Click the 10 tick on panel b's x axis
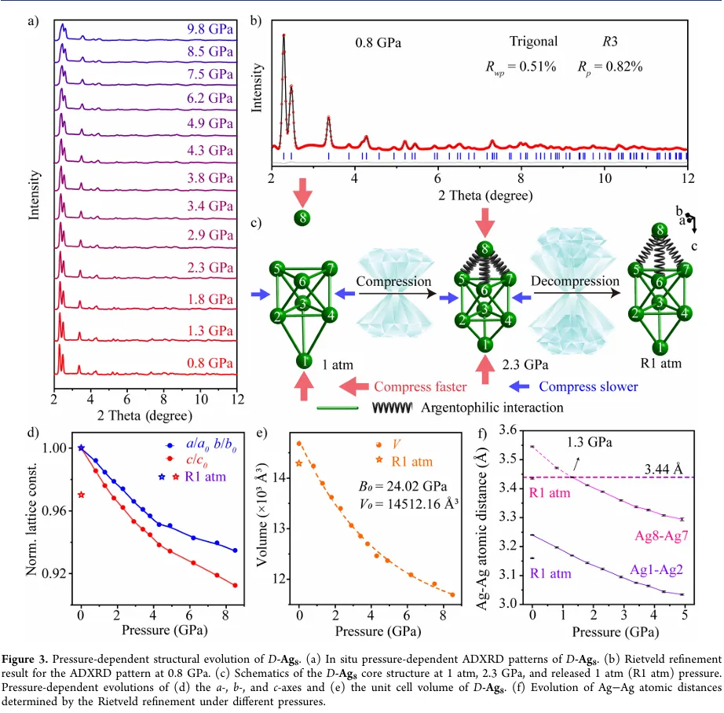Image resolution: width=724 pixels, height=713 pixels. (604, 177)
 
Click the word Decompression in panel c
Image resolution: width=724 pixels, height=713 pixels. (576, 281)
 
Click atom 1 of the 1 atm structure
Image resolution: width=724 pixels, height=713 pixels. (303, 360)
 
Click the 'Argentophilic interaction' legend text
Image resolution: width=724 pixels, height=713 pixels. (492, 407)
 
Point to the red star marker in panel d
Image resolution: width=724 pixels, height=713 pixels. (81, 495)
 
